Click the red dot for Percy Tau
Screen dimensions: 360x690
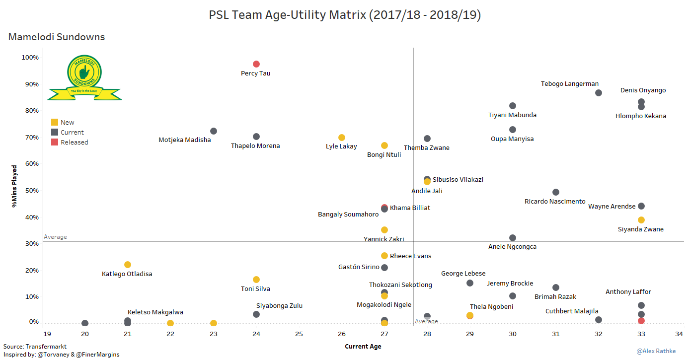[x=256, y=64]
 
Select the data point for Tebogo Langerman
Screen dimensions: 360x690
[x=599, y=93]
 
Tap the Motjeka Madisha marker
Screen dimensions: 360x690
[x=214, y=131]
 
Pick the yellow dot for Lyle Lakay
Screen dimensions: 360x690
[x=342, y=138]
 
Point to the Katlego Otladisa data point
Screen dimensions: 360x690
[x=128, y=265]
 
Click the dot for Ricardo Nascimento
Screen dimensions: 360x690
[x=556, y=192]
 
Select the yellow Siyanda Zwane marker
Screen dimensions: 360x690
[x=641, y=220]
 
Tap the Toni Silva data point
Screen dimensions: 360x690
[x=256, y=280]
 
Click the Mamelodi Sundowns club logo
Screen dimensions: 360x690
[x=84, y=77]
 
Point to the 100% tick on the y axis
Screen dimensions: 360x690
[x=30, y=58]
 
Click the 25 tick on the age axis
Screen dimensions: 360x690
[x=299, y=334]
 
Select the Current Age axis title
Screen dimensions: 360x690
[x=363, y=347]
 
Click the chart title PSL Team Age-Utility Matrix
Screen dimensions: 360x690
[x=345, y=15]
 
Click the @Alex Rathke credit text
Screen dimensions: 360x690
[x=656, y=351]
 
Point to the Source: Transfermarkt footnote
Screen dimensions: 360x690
[x=35, y=347]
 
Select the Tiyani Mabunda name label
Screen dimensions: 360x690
[x=512, y=115]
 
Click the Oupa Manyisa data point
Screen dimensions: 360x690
[x=513, y=130]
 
